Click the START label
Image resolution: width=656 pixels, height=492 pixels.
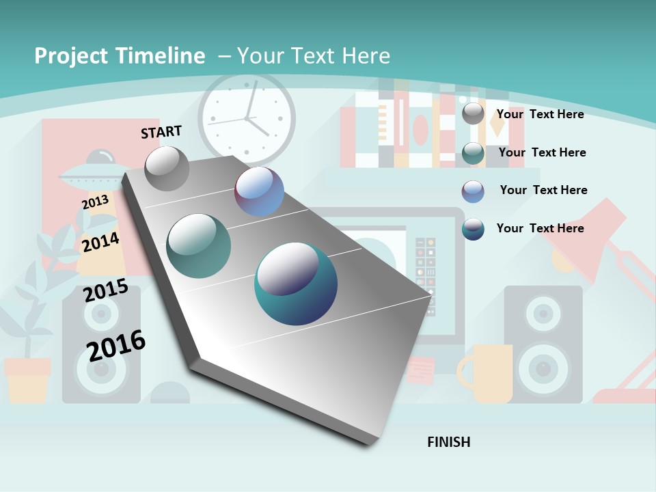(x=161, y=132)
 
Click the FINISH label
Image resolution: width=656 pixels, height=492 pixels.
(x=448, y=442)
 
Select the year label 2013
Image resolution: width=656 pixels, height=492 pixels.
(x=95, y=202)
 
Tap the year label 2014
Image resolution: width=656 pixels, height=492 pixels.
(x=100, y=242)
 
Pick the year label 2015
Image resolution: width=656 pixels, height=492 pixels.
(x=106, y=290)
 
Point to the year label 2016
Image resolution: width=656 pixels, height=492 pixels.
(x=116, y=344)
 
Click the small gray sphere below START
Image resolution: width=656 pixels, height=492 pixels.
(x=167, y=168)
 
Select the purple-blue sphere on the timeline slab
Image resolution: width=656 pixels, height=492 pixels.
(x=260, y=191)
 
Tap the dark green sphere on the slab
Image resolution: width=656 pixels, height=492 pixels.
(x=199, y=245)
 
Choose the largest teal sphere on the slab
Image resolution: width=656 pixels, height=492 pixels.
(x=296, y=284)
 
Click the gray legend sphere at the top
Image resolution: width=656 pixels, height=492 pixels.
(x=473, y=114)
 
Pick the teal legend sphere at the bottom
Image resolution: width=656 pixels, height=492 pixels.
(x=473, y=229)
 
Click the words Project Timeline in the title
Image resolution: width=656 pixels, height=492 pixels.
(x=120, y=56)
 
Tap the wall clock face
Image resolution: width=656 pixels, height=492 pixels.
(x=247, y=118)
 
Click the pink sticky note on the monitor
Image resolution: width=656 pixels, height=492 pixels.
(x=420, y=370)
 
